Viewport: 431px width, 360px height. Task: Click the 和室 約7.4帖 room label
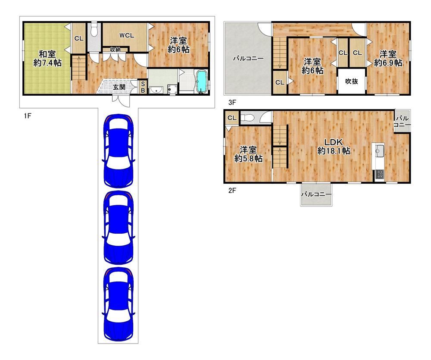[47, 58]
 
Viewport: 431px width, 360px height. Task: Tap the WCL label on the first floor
[127, 35]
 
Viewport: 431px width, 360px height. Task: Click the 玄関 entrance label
[119, 87]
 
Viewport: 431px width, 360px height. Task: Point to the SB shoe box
[143, 87]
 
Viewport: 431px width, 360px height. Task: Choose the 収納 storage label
[115, 50]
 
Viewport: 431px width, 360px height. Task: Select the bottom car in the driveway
[118, 304]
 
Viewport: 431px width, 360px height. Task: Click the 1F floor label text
[27, 116]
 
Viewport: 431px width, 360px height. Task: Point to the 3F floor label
[232, 103]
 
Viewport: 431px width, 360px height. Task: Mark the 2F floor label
[232, 190]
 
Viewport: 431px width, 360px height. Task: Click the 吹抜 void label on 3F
[352, 81]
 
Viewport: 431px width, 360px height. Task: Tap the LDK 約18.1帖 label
[334, 146]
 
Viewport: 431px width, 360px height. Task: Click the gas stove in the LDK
[379, 174]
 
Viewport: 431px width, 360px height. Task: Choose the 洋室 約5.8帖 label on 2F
[248, 154]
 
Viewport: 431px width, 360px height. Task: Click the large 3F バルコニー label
[248, 58]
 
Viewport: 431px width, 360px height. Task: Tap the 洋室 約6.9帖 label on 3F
[388, 58]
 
